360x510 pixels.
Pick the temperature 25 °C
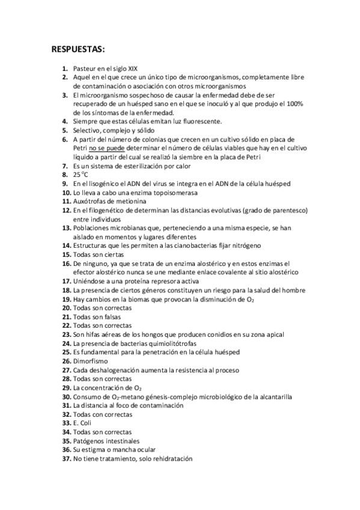81,174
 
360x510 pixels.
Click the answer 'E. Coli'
82,423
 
